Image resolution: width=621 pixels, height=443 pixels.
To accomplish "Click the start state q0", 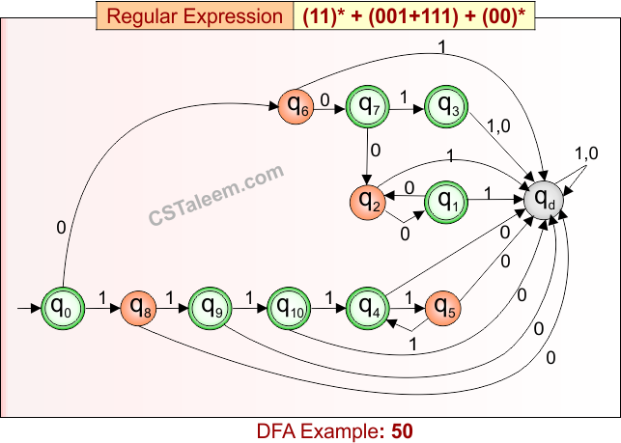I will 60,309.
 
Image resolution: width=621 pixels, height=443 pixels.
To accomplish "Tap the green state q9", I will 210,307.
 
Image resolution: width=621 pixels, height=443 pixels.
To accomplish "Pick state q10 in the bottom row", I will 288,307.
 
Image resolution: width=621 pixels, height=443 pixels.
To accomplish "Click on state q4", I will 367,308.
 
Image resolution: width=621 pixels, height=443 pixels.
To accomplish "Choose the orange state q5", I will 445,308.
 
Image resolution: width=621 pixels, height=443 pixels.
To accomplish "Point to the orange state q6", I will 296,106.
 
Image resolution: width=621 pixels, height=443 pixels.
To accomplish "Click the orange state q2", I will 366,201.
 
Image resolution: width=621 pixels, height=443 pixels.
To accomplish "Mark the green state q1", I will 445,200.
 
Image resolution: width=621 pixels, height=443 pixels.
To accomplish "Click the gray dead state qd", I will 545,199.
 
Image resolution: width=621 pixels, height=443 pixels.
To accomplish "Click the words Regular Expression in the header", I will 194,16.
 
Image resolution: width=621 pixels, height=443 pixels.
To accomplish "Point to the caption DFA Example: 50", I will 334,429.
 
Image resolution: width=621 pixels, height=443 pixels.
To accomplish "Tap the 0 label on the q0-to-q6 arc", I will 61,228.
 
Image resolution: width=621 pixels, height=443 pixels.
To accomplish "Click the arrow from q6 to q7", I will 331,107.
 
